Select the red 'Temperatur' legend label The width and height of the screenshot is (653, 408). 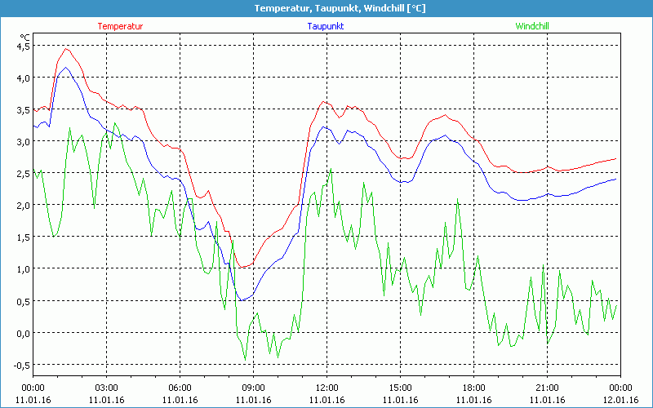(120, 26)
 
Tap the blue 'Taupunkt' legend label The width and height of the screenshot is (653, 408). (326, 26)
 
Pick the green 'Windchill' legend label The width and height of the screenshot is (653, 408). (532, 26)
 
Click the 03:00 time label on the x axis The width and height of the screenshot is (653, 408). (107, 388)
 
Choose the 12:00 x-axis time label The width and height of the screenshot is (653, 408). (326, 388)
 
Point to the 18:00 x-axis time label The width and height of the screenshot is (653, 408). (473, 388)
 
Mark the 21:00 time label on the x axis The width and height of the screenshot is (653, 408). (547, 388)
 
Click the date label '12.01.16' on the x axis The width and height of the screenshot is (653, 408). (620, 400)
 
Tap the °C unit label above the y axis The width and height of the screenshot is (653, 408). (25, 37)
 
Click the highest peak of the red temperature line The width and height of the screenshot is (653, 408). (67, 49)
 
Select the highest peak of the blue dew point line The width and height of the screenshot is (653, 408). (67, 69)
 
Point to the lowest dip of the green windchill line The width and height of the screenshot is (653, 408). (245, 360)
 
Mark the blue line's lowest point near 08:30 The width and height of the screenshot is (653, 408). (242, 300)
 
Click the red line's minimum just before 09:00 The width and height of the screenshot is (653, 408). (244, 268)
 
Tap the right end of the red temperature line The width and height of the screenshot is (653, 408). (615, 158)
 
